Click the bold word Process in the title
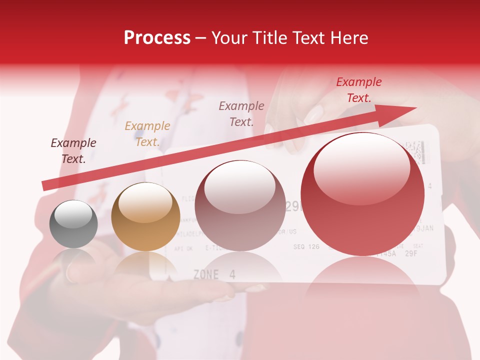157,38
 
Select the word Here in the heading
348,38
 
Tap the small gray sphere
73,224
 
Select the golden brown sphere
145,216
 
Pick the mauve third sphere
240,205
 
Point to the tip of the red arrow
415,108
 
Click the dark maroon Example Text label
73,151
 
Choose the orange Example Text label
147,134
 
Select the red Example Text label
358,90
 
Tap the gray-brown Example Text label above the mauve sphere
241,113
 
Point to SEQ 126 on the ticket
306,246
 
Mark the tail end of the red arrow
44,185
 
